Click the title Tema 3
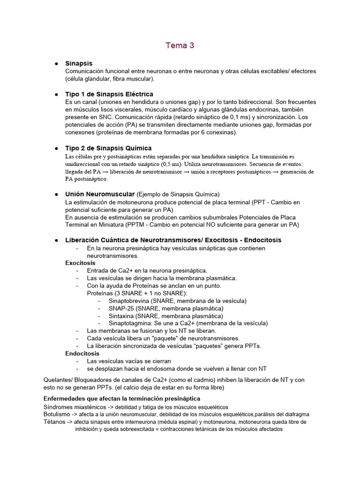point(180,45)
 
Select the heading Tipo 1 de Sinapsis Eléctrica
point(109,94)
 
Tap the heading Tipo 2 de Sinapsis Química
point(108,148)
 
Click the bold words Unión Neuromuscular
point(100,194)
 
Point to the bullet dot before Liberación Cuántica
point(56,240)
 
